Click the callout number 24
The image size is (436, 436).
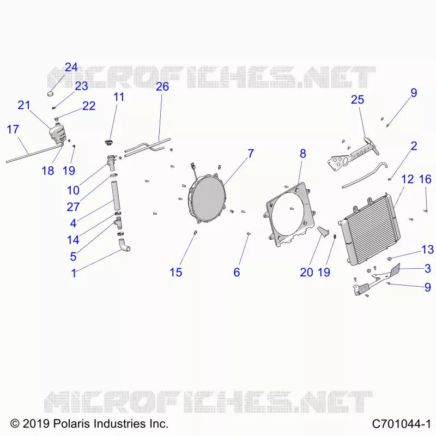click(x=71, y=67)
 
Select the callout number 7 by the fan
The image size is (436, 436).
click(x=251, y=154)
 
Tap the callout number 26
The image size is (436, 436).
click(x=162, y=87)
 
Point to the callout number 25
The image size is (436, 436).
click(x=358, y=100)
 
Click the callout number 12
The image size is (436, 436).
click(x=407, y=179)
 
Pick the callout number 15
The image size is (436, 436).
click(x=175, y=272)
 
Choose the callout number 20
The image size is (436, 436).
click(x=306, y=272)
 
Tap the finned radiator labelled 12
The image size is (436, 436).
click(x=370, y=229)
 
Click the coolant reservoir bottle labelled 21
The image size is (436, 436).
click(x=57, y=134)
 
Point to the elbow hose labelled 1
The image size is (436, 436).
click(x=124, y=245)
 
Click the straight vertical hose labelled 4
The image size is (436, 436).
click(x=116, y=195)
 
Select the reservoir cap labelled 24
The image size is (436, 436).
click(x=50, y=93)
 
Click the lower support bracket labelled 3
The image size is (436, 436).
click(x=376, y=280)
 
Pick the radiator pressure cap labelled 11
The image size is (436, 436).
click(x=107, y=142)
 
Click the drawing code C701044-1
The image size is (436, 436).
click(x=401, y=425)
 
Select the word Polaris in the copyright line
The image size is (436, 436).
click(x=71, y=424)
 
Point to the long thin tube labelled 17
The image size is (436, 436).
click(x=34, y=153)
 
